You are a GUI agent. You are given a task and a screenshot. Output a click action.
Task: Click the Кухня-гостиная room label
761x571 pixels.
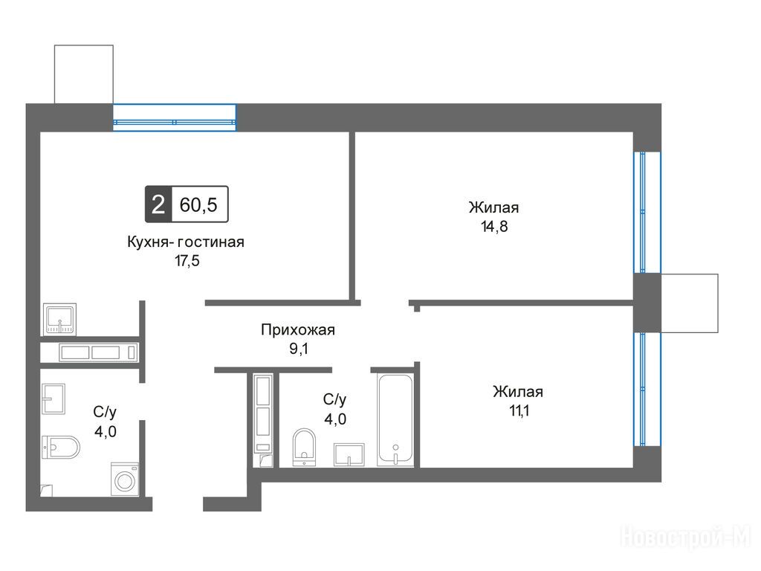click(185, 242)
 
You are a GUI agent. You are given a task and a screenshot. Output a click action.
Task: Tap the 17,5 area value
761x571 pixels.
click(187, 261)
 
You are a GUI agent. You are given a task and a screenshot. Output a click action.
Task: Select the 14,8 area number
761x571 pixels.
click(494, 226)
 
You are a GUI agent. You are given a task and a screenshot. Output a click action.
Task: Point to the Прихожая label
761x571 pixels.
click(298, 330)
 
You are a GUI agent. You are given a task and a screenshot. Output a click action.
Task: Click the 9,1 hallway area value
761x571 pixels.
click(299, 349)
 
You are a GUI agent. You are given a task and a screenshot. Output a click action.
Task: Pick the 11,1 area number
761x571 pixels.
click(519, 410)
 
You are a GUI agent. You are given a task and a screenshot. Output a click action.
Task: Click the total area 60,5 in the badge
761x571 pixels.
click(198, 205)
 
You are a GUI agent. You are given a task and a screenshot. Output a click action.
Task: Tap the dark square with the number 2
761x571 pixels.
click(158, 204)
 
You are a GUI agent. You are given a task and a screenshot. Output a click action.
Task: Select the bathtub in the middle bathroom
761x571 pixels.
click(395, 419)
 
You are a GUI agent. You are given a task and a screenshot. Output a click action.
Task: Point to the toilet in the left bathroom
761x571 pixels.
click(60, 447)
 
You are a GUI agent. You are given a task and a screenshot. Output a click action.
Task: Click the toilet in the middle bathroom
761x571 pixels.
click(304, 448)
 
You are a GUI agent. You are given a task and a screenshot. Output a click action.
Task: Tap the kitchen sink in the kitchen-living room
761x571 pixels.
click(59, 319)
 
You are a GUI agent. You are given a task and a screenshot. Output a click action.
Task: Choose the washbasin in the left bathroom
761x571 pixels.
click(54, 399)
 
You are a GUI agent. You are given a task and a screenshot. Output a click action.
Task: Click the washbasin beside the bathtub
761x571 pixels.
click(349, 454)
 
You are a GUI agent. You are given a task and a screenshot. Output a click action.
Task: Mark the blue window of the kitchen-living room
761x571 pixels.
click(175, 117)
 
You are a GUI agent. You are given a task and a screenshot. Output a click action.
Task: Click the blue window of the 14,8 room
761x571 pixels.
click(647, 212)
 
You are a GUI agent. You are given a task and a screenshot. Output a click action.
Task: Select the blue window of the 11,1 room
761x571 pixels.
click(647, 389)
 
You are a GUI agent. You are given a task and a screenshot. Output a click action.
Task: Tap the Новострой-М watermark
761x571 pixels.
click(686, 538)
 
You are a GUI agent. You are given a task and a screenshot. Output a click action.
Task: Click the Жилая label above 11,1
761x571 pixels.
click(518, 392)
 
